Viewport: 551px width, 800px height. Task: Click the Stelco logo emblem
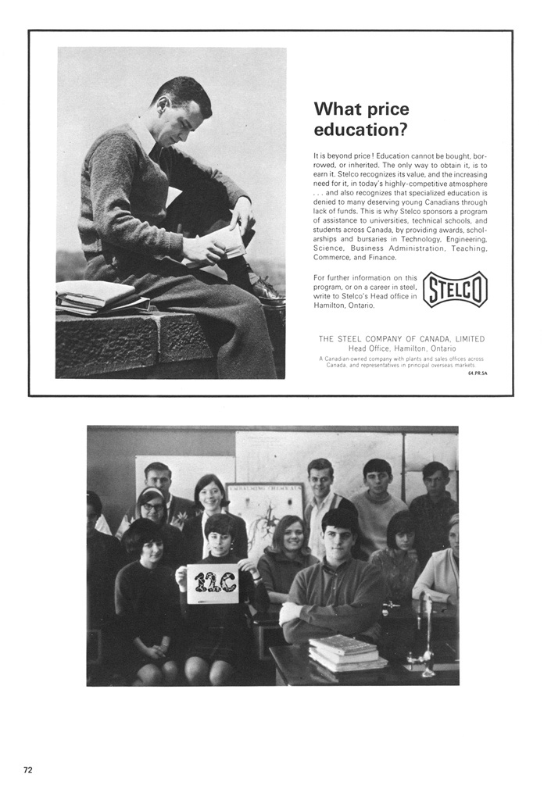click(455, 289)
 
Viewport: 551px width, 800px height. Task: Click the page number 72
click(28, 770)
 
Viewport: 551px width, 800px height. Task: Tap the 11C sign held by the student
click(213, 583)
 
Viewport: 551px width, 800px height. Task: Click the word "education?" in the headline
click(361, 129)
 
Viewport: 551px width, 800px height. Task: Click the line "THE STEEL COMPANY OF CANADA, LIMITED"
click(401, 338)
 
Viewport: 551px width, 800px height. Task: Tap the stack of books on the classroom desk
click(347, 652)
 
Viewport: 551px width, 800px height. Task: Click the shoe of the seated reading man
click(267, 291)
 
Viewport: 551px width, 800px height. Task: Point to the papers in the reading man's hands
click(223, 245)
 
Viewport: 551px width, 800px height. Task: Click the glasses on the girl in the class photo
click(152, 507)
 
